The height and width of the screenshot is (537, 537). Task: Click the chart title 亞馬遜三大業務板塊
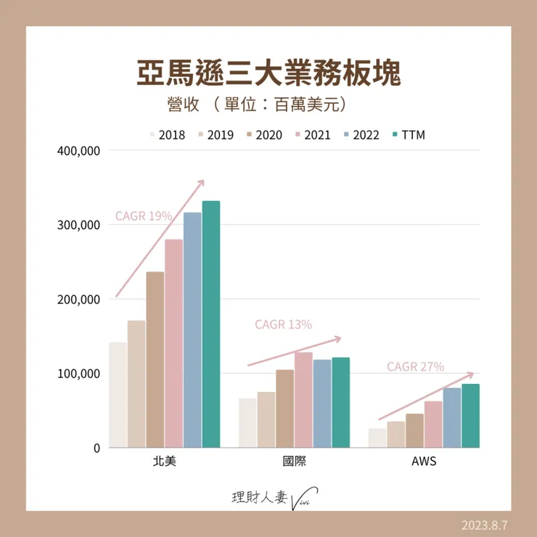(268, 73)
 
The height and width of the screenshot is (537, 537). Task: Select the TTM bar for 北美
(210, 324)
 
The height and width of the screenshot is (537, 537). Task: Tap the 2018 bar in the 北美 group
(118, 395)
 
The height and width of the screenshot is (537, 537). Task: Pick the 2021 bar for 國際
(303, 400)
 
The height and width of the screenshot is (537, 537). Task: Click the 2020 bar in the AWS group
(415, 431)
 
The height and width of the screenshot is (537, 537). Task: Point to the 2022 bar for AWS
(452, 418)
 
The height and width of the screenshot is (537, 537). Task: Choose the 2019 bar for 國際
(266, 420)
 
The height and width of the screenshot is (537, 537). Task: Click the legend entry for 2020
(264, 135)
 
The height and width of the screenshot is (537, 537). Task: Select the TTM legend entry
(411, 135)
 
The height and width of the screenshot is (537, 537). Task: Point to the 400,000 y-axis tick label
(76, 151)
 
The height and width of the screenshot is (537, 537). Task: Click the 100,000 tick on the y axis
(76, 374)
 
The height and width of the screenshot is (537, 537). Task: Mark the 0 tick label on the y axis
(94, 448)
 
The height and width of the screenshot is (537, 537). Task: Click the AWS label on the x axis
(423, 462)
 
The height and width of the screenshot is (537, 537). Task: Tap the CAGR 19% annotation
(144, 216)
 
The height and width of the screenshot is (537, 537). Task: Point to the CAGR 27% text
(415, 367)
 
